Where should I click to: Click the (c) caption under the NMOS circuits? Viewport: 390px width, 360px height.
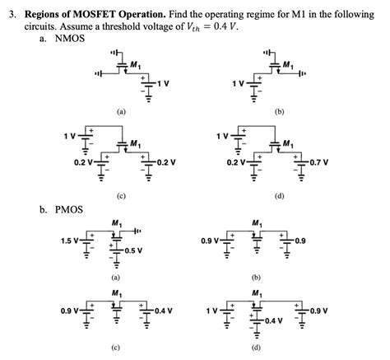click(120, 197)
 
